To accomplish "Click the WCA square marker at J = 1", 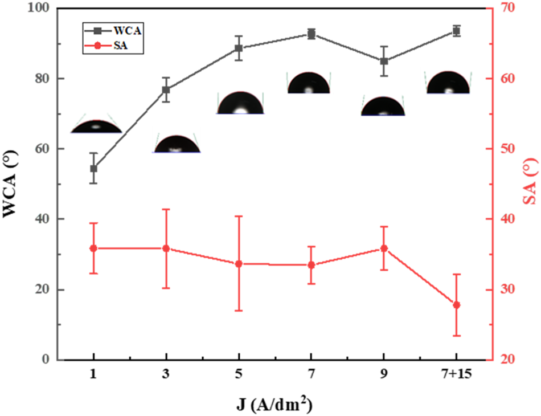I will click(x=93, y=169).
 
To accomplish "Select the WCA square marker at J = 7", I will click(x=311, y=34).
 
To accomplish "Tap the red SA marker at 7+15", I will click(x=456, y=305).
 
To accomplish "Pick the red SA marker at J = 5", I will click(x=239, y=264).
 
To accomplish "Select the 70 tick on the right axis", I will click(x=501, y=9).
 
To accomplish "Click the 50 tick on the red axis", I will click(x=501, y=149).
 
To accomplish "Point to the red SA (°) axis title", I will click(x=531, y=183).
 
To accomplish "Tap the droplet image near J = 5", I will click(x=240, y=103).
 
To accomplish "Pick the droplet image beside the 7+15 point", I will click(x=449, y=83).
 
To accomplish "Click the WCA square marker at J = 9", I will click(x=384, y=61).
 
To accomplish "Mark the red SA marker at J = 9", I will click(x=384, y=248).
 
